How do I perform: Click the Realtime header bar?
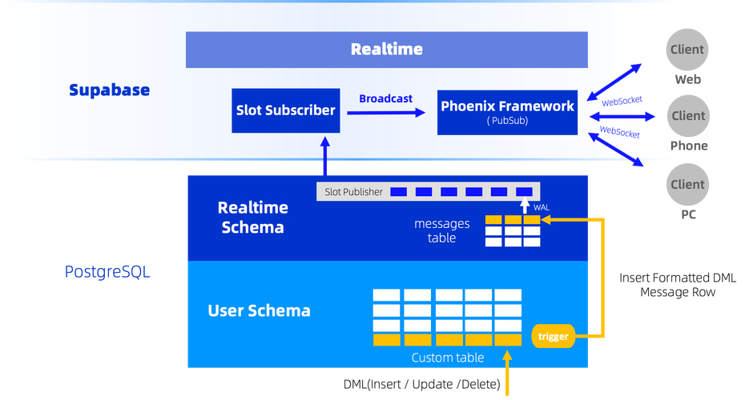tap(386, 50)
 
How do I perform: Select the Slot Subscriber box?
tap(285, 110)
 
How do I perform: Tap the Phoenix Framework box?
tap(507, 111)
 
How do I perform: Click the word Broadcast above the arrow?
tap(385, 98)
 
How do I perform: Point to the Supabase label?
tap(109, 90)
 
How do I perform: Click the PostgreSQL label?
tap(107, 272)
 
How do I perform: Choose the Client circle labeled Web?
tap(687, 50)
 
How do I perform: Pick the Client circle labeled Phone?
tap(687, 116)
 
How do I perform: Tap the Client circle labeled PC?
tap(687, 184)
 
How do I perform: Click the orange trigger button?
tap(553, 336)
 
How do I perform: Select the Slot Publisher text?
tap(353, 192)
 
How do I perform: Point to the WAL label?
tap(542, 208)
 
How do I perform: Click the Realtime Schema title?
tap(252, 217)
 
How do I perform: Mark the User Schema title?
tap(259, 310)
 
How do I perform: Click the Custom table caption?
tap(447, 358)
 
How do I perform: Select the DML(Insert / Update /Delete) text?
tap(421, 384)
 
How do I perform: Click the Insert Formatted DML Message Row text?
tap(677, 285)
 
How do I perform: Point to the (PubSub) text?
tap(506, 122)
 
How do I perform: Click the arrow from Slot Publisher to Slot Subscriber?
tap(324, 156)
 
